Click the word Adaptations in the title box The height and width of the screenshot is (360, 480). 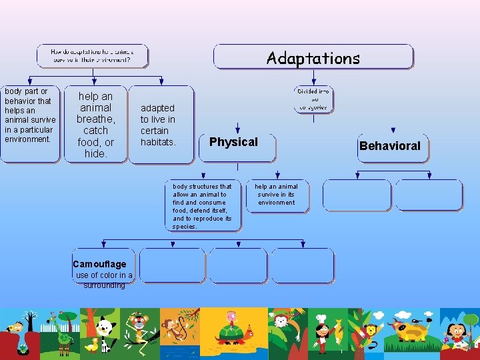(313, 58)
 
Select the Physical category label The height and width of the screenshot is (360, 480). (233, 142)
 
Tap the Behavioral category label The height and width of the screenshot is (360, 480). (390, 146)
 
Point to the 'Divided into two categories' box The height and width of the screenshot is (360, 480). (313, 99)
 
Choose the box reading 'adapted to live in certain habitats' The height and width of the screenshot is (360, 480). (159, 125)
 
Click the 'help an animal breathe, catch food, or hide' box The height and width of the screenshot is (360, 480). (95, 125)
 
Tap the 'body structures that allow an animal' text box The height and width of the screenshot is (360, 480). (203, 206)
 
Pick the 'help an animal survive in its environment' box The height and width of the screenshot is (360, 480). (277, 194)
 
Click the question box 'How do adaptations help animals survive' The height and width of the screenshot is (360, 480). (92, 55)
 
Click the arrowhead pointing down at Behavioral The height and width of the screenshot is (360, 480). (393, 131)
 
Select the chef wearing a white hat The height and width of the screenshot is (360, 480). (321, 331)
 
